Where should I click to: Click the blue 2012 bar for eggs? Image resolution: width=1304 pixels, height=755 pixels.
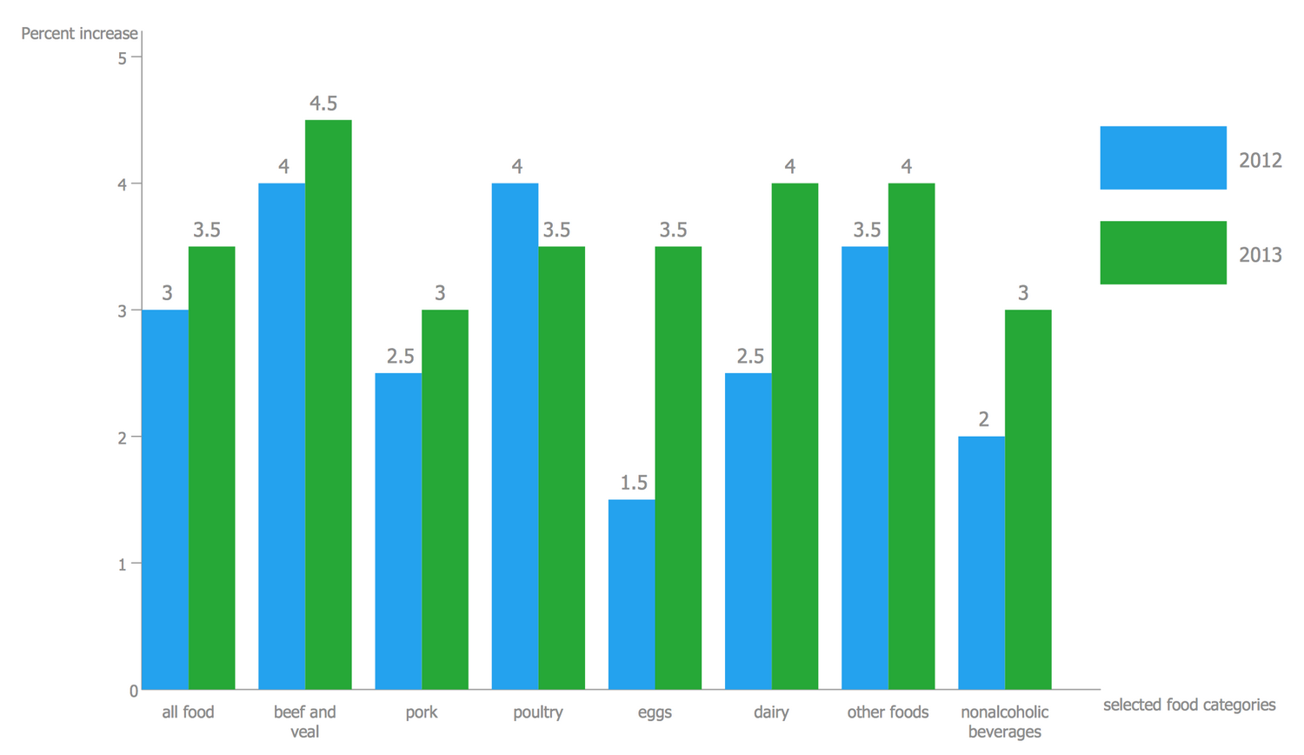[x=631, y=594]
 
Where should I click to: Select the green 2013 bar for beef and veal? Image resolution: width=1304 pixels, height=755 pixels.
[x=328, y=404]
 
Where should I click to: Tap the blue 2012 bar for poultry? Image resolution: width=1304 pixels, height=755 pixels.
[x=515, y=436]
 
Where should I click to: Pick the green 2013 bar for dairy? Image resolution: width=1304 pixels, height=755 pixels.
[x=795, y=436]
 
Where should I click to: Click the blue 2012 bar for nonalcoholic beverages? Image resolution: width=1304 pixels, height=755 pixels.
[x=981, y=563]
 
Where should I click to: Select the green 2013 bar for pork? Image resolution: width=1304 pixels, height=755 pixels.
[x=444, y=499]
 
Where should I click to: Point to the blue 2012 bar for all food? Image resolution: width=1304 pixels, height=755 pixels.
[x=165, y=499]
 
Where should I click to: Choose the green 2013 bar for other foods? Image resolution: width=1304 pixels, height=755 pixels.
[x=911, y=436]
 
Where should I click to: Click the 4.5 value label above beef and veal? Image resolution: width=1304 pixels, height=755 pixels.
[x=323, y=104]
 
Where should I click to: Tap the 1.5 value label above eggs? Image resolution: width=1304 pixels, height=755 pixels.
[x=633, y=483]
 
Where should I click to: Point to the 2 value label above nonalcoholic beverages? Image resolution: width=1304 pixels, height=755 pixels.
[x=983, y=419]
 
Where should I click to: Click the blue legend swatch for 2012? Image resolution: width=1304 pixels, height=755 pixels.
[x=1162, y=157]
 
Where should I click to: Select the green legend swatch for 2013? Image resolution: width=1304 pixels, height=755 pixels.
[x=1162, y=252]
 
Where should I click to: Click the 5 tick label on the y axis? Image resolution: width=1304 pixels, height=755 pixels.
[x=123, y=58]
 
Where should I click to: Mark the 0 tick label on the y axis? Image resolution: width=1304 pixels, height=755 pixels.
[x=133, y=691]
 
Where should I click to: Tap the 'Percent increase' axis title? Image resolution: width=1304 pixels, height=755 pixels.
[x=79, y=33]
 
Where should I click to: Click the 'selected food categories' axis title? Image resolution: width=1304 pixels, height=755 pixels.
[x=1188, y=705]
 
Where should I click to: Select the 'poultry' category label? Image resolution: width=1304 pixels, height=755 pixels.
[x=537, y=712]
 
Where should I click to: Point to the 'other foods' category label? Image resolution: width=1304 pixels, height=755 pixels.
[x=888, y=712]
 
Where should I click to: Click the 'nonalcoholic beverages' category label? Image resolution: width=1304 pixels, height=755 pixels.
[x=1004, y=721]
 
